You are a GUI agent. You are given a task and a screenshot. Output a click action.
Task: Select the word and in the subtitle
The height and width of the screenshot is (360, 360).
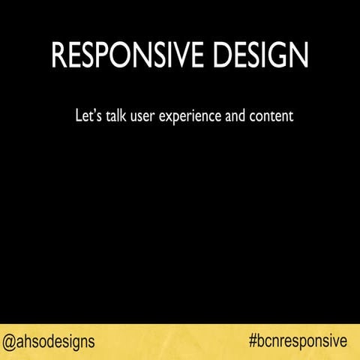[x=235, y=117]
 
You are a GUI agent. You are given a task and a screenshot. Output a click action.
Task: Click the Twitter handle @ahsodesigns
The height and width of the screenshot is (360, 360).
[x=49, y=342]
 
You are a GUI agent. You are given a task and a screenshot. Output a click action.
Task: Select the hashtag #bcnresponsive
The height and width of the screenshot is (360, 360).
[x=298, y=342]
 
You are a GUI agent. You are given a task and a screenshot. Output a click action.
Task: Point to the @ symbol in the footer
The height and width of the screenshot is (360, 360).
[x=10, y=342]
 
